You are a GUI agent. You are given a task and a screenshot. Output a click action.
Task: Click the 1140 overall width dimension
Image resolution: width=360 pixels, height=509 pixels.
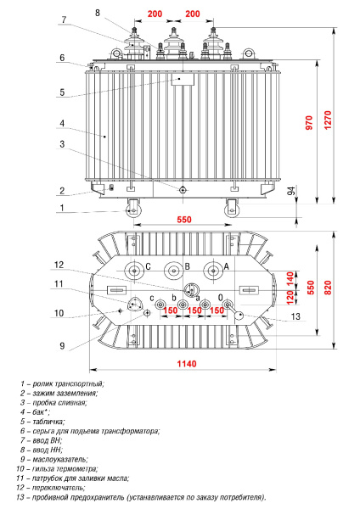[x=187, y=364]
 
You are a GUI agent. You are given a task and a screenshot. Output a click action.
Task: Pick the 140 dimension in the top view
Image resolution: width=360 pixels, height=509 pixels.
[x=289, y=277]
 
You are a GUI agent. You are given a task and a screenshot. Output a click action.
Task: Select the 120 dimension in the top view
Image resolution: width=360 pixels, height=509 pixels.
[x=289, y=298]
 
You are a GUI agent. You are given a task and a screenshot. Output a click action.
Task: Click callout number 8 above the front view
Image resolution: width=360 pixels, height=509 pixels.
[x=98, y=13]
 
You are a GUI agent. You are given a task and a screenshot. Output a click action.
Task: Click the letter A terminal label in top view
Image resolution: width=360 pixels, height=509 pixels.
[x=227, y=266]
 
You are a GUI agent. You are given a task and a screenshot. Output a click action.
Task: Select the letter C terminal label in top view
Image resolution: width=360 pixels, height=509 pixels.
[x=148, y=266]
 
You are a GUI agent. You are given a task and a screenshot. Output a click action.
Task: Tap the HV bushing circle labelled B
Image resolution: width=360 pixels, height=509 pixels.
[x=174, y=272]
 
